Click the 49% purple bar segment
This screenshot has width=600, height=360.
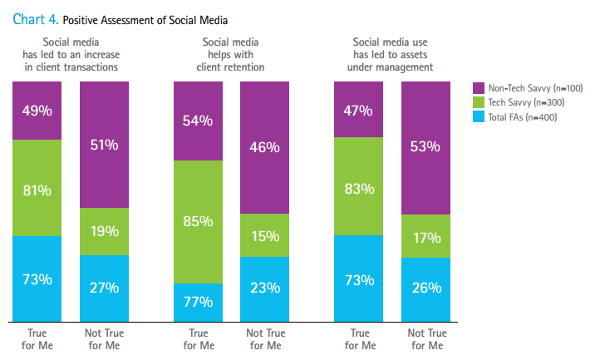tap(37, 111)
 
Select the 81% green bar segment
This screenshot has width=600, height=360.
tap(37, 188)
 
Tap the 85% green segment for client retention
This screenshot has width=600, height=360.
tap(198, 221)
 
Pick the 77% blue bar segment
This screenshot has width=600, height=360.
tap(198, 302)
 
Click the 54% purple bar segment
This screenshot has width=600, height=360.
tap(198, 121)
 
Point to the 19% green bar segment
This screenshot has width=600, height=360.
tap(105, 231)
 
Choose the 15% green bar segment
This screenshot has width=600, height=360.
tap(265, 235)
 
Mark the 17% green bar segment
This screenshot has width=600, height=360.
tap(425, 236)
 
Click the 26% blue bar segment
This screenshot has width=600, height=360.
tap(425, 288)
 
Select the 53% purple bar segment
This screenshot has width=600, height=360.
tap(425, 148)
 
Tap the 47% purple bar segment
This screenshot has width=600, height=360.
tap(358, 109)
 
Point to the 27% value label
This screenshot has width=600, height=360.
tap(105, 288)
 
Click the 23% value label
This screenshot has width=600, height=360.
tap(265, 288)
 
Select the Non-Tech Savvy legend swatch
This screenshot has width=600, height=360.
tap(478, 87)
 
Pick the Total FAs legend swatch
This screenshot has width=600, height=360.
tap(478, 116)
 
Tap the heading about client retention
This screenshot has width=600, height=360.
tap(234, 55)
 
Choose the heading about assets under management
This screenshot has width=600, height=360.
tap(392, 55)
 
